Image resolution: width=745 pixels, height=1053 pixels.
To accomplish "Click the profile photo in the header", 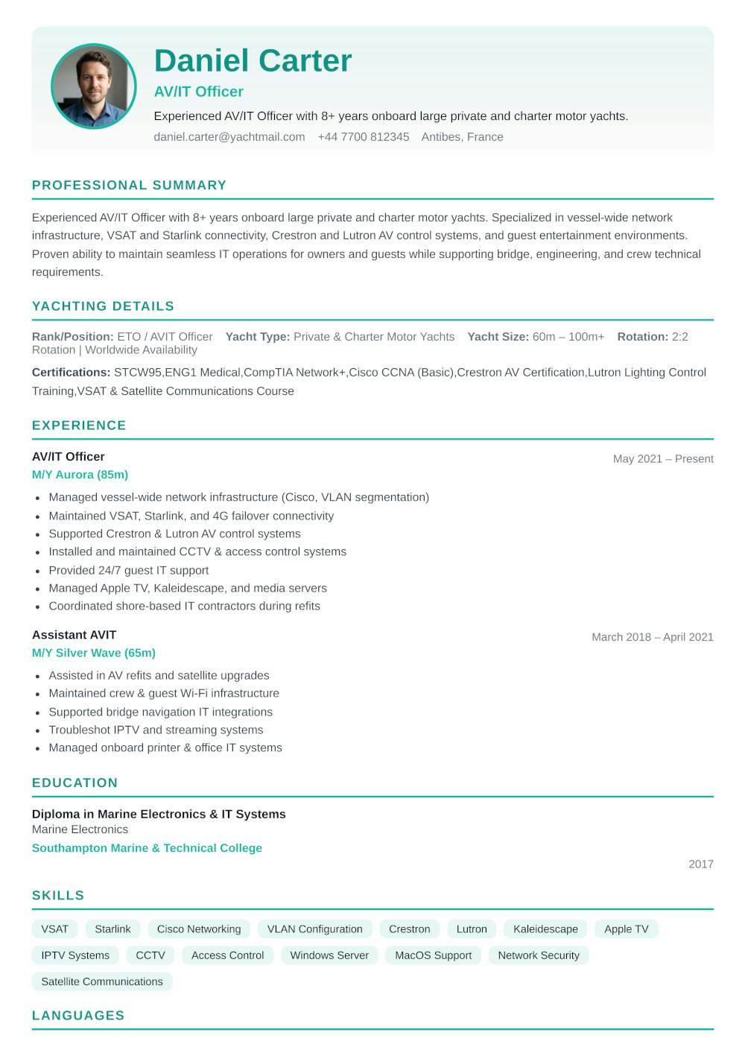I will coord(94,86).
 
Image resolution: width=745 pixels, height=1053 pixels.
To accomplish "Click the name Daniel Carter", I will coord(253,61).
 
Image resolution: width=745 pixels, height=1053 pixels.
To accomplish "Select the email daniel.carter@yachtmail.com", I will coord(229,137).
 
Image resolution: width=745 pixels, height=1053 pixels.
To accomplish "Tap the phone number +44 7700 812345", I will coord(363,137).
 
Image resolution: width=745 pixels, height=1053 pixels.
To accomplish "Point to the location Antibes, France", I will coord(462,137).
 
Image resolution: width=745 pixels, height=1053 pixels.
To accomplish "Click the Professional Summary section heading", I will coord(129,186).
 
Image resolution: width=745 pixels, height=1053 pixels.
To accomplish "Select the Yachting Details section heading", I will coord(103,306).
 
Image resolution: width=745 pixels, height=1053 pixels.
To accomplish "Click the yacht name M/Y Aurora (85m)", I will coord(80,475).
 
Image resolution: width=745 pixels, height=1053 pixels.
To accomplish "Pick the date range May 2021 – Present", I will coord(662,459).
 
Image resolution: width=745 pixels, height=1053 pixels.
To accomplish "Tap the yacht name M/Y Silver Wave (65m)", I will coord(94,653).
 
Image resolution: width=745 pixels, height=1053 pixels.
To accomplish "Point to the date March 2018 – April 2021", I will coord(652,637).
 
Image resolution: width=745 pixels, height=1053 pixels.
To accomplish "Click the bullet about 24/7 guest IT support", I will coord(128,570).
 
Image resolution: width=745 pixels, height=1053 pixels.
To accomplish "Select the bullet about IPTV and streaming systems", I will coord(156,730).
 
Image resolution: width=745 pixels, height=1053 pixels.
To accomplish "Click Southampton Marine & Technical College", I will coord(147,848).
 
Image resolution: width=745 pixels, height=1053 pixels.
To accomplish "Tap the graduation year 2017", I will coord(700,864).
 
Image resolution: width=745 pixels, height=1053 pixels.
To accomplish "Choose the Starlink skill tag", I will coord(112,929).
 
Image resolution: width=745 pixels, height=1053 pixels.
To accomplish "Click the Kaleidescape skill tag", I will coord(545,929).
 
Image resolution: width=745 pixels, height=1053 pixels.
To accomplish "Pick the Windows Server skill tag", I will coord(329,955).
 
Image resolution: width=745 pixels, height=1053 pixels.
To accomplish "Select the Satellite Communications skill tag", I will coord(102,981).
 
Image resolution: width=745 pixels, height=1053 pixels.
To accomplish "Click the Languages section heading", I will coord(78,1016).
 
